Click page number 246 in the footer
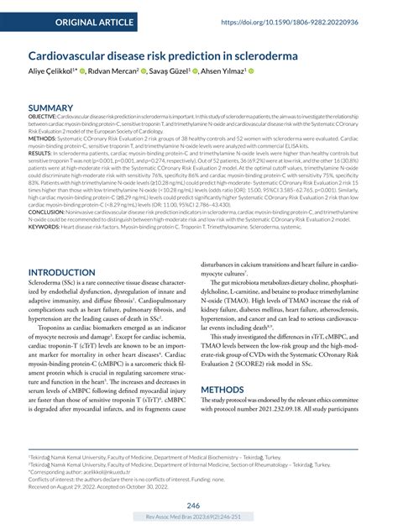pyautogui.click(x=193, y=506)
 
